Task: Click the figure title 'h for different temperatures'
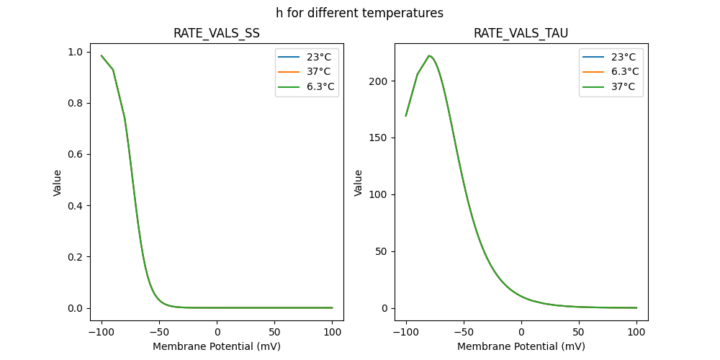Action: pyautogui.click(x=359, y=13)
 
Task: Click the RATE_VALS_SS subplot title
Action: pyautogui.click(x=217, y=33)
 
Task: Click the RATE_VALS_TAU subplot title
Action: pyautogui.click(x=521, y=33)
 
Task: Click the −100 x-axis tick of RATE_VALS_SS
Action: pyautogui.click(x=102, y=332)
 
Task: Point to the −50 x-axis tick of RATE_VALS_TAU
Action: pyautogui.click(x=464, y=332)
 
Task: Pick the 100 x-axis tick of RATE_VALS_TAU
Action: pyautogui.click(x=636, y=332)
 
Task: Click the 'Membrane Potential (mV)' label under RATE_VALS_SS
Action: pyautogui.click(x=217, y=346)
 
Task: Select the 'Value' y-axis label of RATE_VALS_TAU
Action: pyautogui.click(x=358, y=183)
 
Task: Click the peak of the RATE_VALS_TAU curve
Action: pyautogui.click(x=429, y=55)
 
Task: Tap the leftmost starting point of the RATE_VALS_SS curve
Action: pyautogui.click(x=102, y=55)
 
